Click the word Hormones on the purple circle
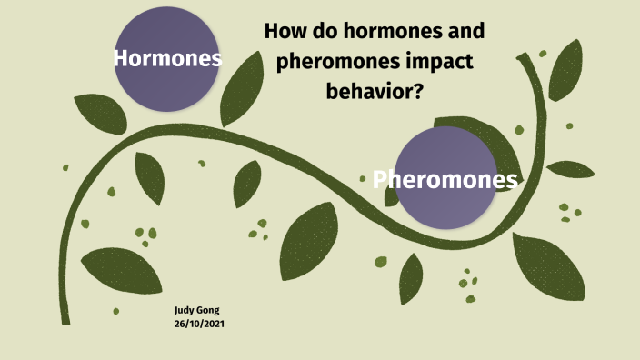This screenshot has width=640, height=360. tap(168, 59)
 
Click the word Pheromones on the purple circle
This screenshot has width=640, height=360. tap(445, 179)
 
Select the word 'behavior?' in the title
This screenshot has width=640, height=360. tap(375, 91)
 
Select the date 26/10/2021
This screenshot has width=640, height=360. tap(200, 324)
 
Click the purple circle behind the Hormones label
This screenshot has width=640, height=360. tap(167, 91)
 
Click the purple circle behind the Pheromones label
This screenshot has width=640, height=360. tap(445, 209)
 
